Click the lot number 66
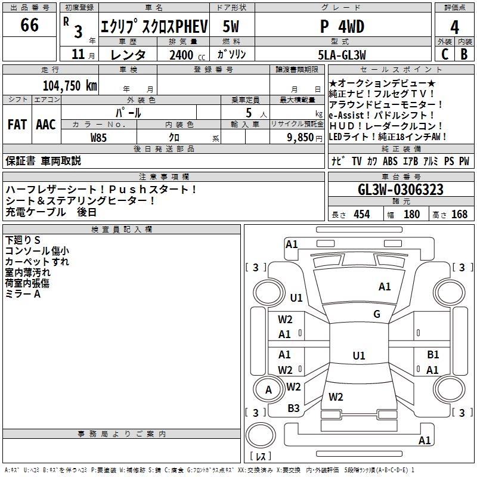(x=29, y=26)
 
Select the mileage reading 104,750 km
(x=70, y=85)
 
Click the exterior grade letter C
(x=444, y=54)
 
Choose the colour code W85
(x=99, y=137)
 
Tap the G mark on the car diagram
(x=377, y=314)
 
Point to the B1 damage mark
(x=433, y=355)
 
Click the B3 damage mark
(x=293, y=408)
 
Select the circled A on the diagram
(x=268, y=390)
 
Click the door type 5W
(x=231, y=26)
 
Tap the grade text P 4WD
(x=342, y=26)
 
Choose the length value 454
(x=361, y=215)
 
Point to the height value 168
(x=459, y=215)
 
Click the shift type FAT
(x=17, y=125)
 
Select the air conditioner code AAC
(x=46, y=125)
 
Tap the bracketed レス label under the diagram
(x=260, y=457)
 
